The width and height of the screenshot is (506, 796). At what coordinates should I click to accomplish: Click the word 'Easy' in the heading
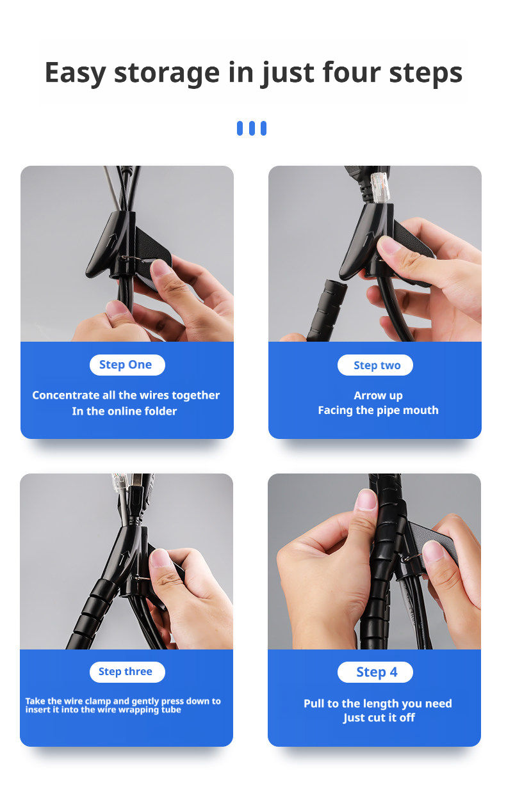coord(75,74)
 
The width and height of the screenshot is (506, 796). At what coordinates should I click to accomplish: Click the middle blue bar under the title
coord(252,128)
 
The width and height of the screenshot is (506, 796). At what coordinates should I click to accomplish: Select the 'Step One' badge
coord(127,365)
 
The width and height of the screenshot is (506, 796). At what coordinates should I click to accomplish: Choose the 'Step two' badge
coord(375,365)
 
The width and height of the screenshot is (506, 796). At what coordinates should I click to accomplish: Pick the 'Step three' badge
coord(127,672)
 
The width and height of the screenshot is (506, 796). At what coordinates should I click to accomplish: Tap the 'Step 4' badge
coord(375,672)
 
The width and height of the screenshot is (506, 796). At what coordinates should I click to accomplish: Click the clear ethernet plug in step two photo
coord(380,187)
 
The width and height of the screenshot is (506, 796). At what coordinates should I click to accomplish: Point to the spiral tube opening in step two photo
coord(336,284)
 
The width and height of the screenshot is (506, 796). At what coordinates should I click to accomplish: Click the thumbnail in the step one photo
coord(161,267)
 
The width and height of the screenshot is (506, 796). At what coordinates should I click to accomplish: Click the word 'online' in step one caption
coord(127,411)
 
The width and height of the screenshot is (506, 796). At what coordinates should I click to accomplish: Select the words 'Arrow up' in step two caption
coord(378,395)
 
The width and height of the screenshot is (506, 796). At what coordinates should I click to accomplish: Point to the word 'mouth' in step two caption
coord(423,410)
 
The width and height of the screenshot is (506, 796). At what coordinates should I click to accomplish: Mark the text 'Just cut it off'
coord(379,718)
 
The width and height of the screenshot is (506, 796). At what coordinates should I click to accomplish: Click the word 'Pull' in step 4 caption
coord(314,703)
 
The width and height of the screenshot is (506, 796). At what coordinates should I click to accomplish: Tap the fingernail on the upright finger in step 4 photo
coord(366,499)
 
